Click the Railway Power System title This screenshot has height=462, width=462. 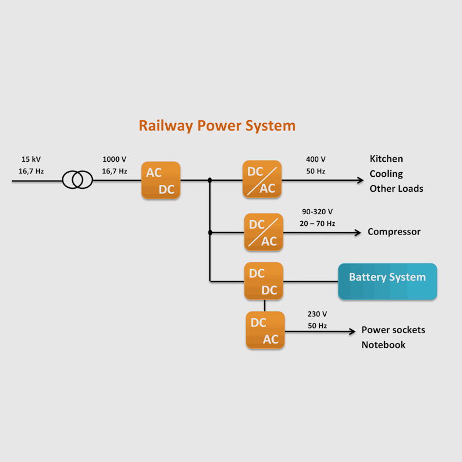[217, 126]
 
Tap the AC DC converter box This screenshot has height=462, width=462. [161, 180]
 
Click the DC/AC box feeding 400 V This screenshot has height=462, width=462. [262, 179]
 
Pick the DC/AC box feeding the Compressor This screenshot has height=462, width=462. [264, 232]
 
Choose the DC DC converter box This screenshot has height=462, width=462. [264, 281]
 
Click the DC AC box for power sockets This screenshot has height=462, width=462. [265, 330]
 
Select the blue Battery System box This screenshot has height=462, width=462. [388, 281]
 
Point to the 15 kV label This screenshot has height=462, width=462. [31, 159]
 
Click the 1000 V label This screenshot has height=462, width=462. [114, 159]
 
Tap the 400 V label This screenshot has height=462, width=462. [315, 159]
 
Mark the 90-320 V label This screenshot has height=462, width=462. [317, 211]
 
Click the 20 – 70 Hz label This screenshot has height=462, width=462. [317, 223]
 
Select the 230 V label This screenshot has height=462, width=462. [317, 314]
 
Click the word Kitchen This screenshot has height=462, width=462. [386, 159]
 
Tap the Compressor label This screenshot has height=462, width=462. [394, 232]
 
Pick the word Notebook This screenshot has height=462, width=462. [383, 345]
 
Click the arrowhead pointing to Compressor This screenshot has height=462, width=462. [358, 233]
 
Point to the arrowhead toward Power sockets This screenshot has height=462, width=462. [352, 331]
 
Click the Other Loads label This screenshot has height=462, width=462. [396, 189]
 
